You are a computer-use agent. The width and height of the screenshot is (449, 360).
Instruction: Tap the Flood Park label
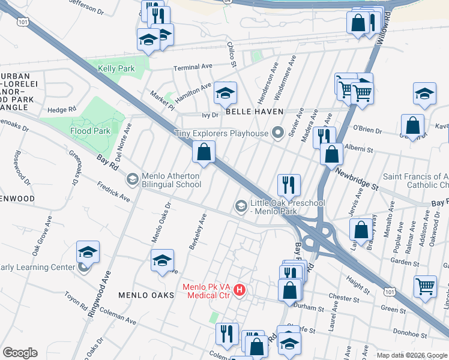tap(89, 131)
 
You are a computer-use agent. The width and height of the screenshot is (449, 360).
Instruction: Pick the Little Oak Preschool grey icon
tap(241, 206)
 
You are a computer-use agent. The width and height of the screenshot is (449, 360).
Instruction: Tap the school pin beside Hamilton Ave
tap(225, 92)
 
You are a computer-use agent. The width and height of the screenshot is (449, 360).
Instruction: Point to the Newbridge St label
tap(357, 179)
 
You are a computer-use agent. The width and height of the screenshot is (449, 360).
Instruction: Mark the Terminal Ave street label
tap(193, 67)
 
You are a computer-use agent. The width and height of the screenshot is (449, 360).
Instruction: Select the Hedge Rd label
tap(62, 110)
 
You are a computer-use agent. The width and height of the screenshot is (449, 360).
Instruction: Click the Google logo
tap(20, 353)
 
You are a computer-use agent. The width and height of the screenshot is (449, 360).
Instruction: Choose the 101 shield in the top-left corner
tap(23, 22)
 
